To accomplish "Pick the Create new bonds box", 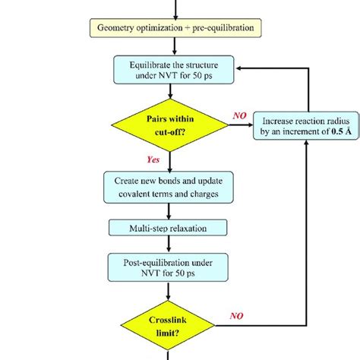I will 170,185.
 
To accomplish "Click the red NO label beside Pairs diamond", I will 240,114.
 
